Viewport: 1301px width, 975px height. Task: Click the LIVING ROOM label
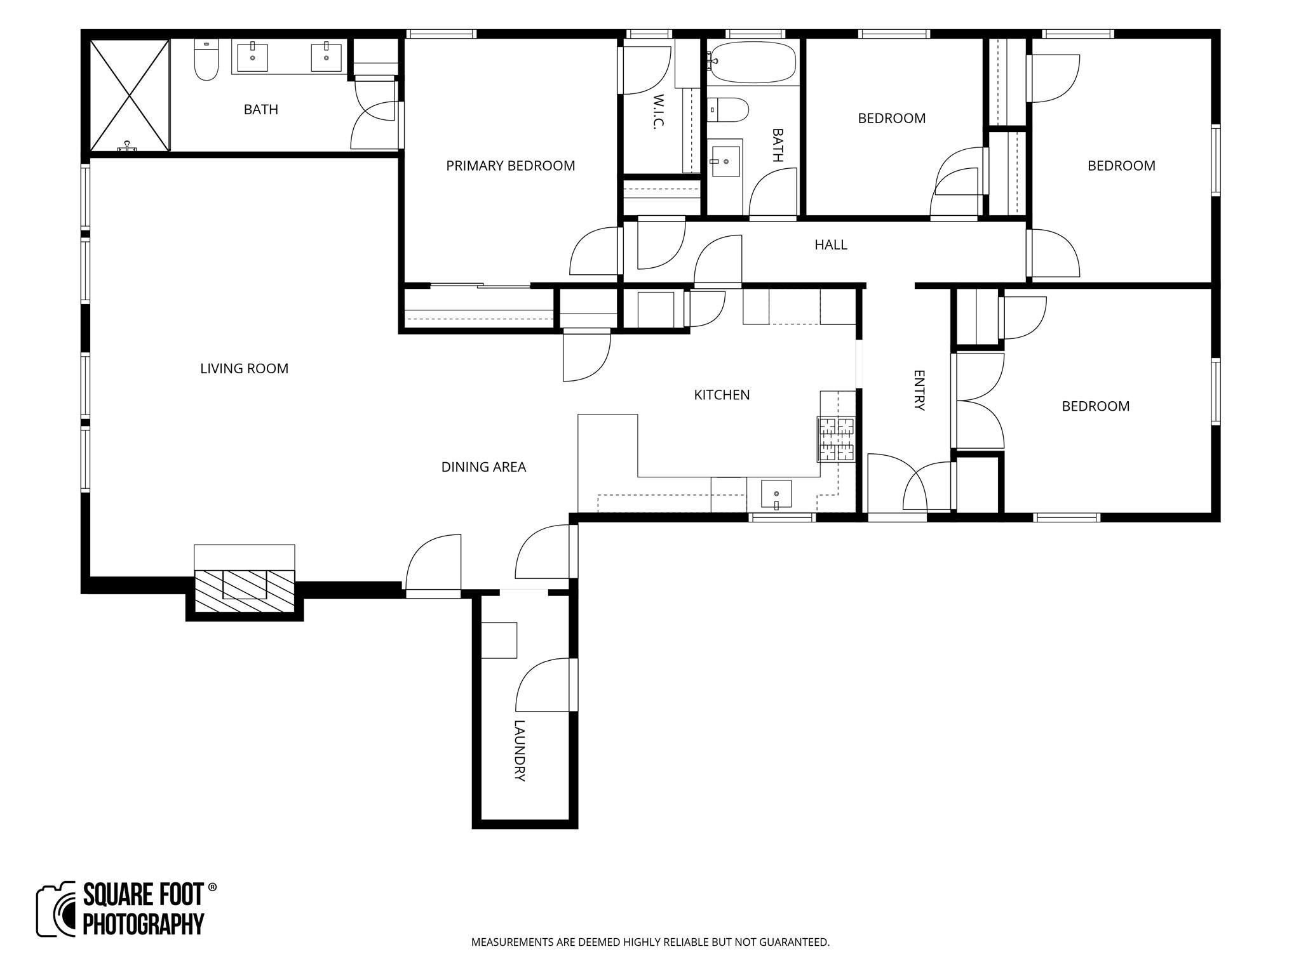point(244,368)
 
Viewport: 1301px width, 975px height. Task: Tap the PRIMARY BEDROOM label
point(510,166)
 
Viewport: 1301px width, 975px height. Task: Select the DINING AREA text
point(483,467)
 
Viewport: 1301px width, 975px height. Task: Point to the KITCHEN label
point(722,395)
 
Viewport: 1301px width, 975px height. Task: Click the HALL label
point(831,244)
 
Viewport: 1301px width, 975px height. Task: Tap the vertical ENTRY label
point(919,390)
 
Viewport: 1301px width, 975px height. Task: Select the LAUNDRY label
point(520,750)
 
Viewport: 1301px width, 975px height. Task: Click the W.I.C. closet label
point(658,112)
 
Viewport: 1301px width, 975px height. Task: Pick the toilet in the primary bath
point(206,60)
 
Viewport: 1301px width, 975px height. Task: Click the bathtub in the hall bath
point(752,62)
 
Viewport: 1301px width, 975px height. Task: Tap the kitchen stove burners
point(837,439)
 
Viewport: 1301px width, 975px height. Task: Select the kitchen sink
point(776,494)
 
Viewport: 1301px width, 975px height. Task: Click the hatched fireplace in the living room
point(245,591)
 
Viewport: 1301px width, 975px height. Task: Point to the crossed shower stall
point(130,95)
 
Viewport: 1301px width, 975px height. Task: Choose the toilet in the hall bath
point(728,109)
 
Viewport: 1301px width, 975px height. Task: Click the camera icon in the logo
point(57,909)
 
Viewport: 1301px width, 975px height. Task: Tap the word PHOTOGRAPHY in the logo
point(144,924)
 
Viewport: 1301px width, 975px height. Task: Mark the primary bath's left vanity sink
point(253,57)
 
